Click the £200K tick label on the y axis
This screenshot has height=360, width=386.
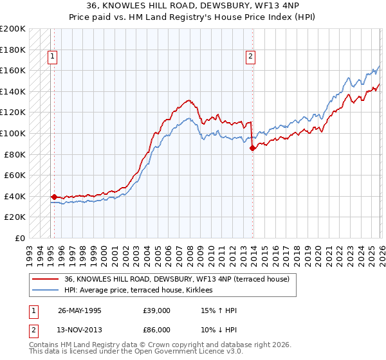pos(13,29)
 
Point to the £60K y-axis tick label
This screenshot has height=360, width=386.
pos(15,175)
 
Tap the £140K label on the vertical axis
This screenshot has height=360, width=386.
pos(13,91)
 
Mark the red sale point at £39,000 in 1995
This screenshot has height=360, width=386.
pos(54,197)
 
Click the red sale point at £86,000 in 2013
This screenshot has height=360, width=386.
pos(252,148)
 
